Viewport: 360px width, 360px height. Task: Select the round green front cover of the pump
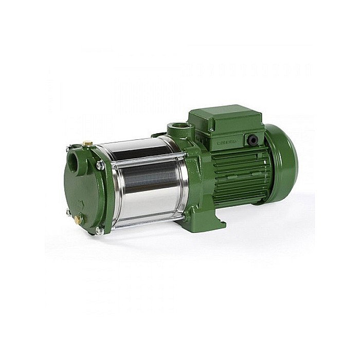(82, 190)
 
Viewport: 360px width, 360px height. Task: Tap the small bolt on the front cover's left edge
(68, 211)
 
